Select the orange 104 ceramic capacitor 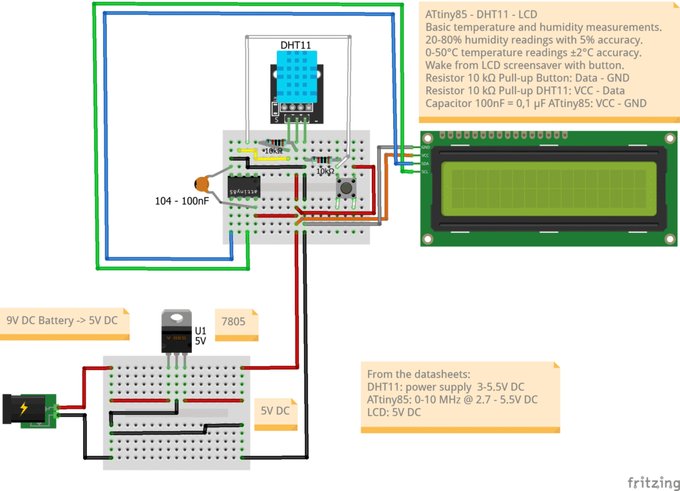click(203, 184)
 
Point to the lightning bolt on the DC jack click(24, 407)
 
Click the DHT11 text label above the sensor click(296, 44)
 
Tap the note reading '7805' click(233, 321)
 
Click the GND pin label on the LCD click(426, 147)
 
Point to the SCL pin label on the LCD click(426, 172)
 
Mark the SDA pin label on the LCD click(426, 163)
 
